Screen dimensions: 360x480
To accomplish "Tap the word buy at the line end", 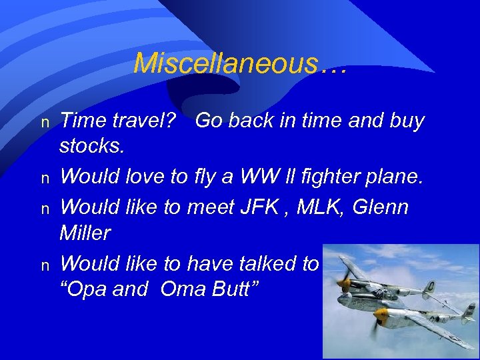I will (404, 121).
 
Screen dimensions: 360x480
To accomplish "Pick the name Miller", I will (85, 233).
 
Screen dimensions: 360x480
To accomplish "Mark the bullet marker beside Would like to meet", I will (45, 208).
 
